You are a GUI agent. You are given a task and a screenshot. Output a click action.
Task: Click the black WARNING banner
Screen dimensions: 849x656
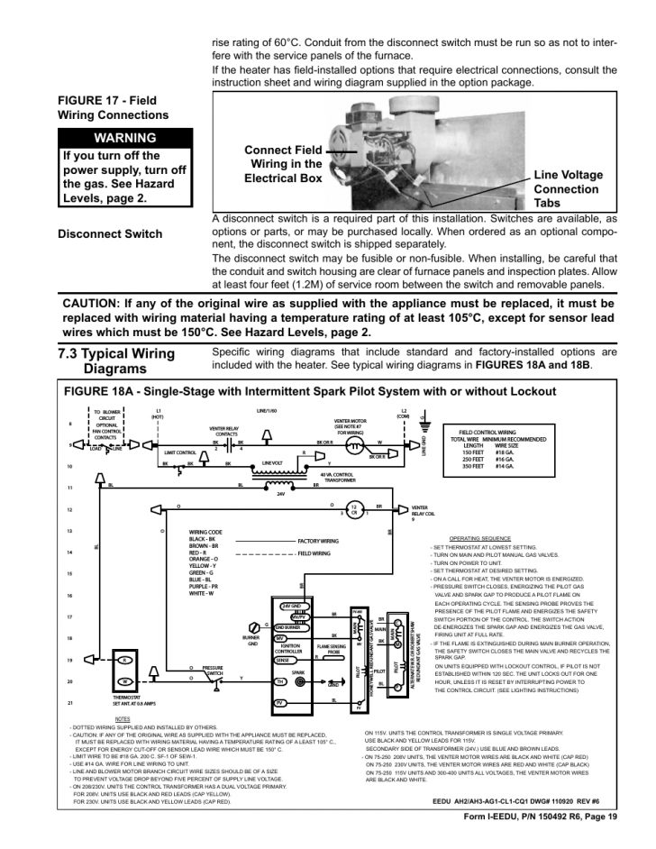click(125, 138)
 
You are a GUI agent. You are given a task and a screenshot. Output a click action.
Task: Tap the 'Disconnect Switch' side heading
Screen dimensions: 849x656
click(110, 234)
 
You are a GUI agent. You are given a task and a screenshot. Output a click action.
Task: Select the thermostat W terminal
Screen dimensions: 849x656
click(125, 681)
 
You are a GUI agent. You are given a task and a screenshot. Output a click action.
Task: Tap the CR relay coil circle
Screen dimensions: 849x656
click(354, 509)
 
